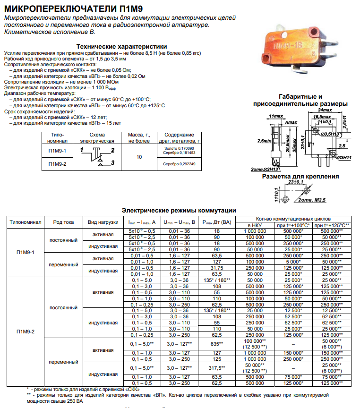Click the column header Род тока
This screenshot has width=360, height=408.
coord(63,221)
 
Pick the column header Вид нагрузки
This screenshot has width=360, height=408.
coord(103,221)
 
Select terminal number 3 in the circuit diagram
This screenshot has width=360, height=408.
coord(112,163)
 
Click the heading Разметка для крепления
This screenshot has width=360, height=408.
coord(300,177)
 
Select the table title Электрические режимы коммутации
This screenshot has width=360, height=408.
coord(179,210)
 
